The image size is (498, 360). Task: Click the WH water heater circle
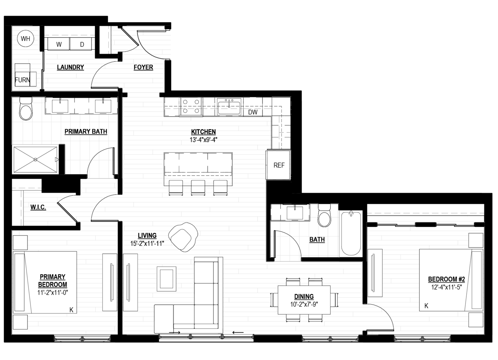[26, 38]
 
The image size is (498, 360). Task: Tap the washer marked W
[59, 44]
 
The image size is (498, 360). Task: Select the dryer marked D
[81, 44]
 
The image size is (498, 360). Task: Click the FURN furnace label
[22, 80]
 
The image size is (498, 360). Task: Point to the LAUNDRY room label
[70, 67]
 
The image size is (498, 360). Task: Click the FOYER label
[144, 67]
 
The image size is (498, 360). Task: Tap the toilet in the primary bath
[26, 109]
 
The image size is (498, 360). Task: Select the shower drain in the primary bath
[35, 160]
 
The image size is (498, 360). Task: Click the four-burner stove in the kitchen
[191, 107]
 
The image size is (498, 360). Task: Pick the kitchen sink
[229, 106]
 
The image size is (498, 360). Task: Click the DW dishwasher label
[253, 112]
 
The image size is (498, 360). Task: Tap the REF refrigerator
[279, 165]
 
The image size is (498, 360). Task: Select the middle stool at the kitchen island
[198, 187]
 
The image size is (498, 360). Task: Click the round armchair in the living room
[183, 237]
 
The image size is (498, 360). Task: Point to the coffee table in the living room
[167, 279]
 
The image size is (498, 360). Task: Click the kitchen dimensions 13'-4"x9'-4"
[203, 140]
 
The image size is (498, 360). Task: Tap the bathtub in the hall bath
[351, 233]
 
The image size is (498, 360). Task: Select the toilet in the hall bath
[324, 215]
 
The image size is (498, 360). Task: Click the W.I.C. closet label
[38, 207]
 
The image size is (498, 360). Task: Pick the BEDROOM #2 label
[447, 279]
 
